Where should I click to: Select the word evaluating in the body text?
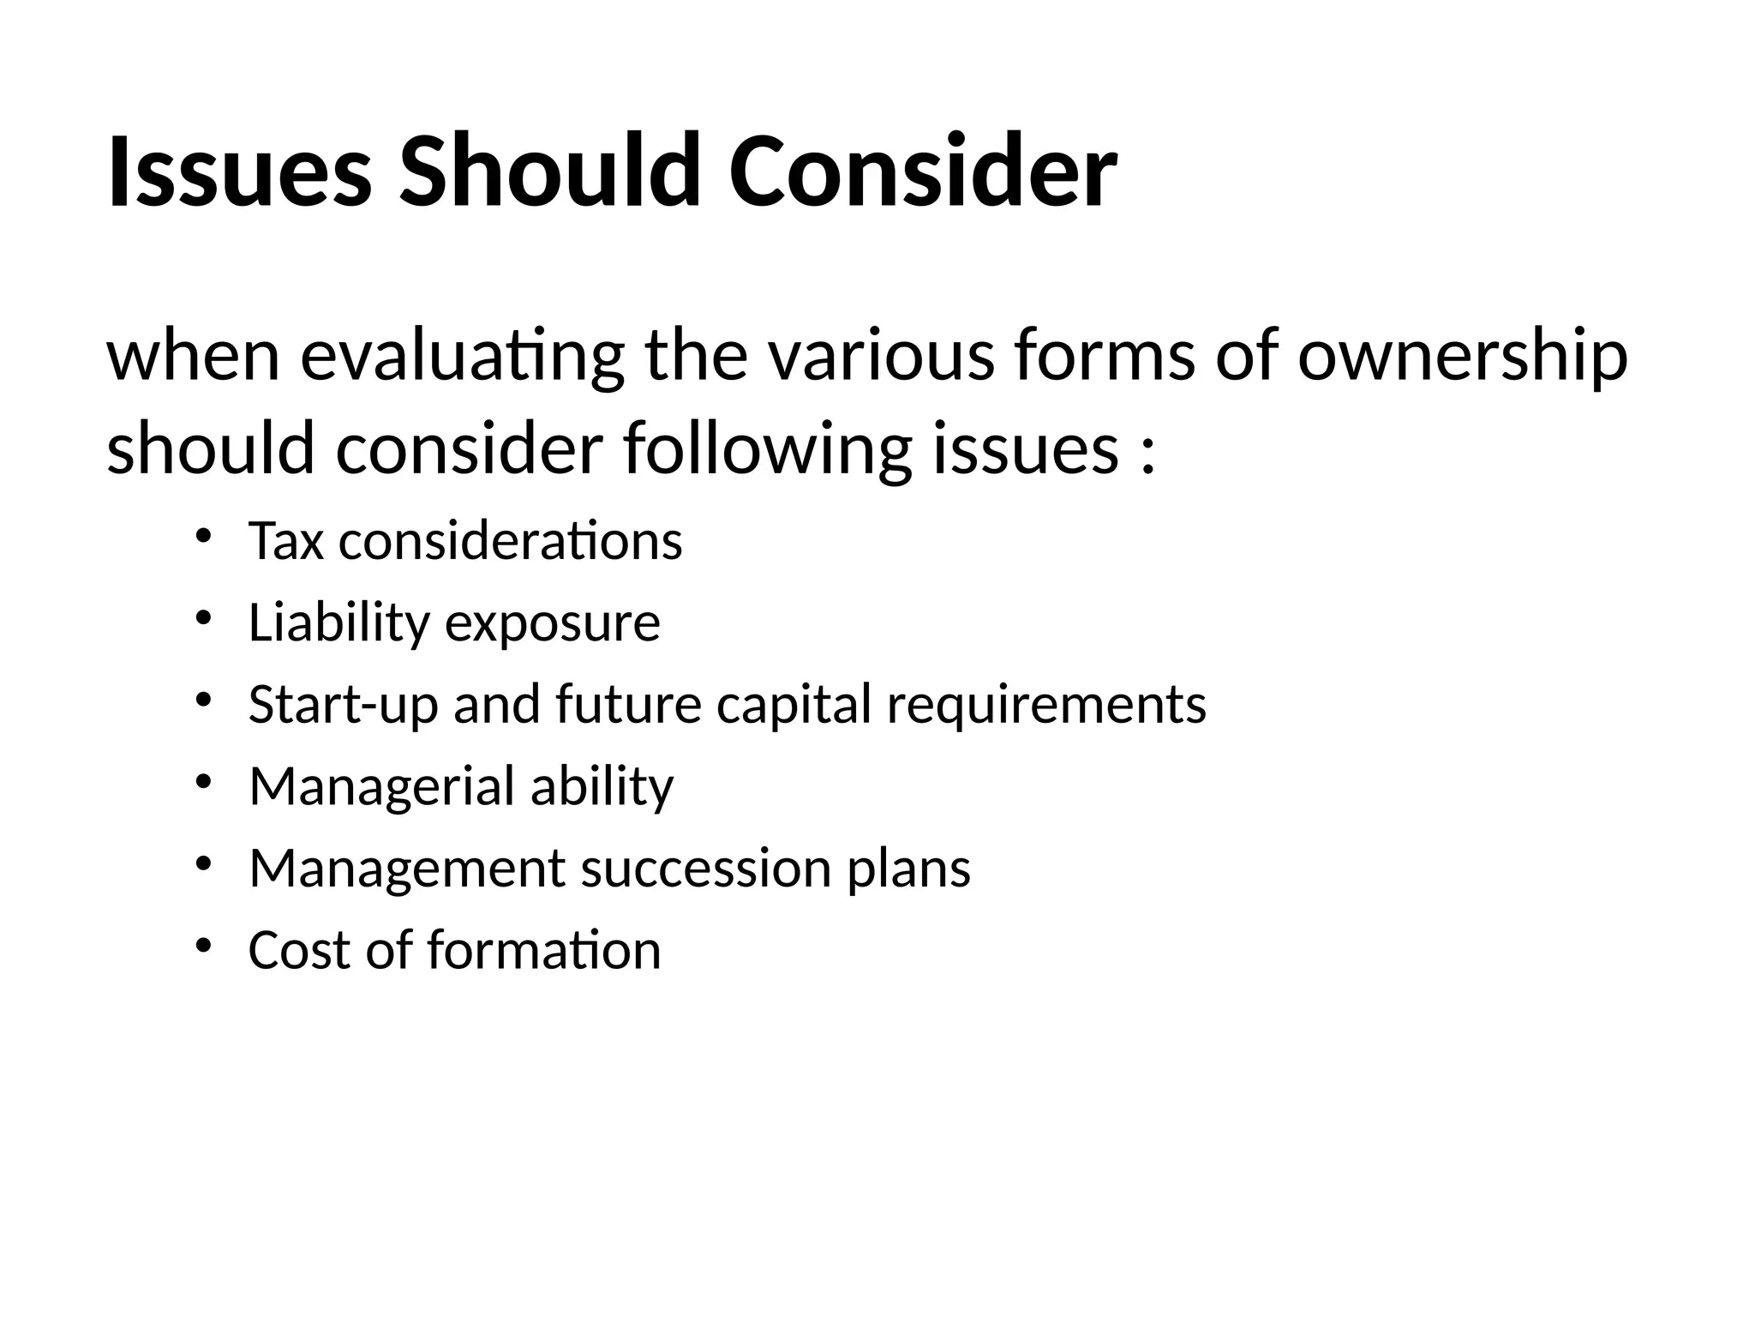point(462,356)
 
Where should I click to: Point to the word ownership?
point(1463,356)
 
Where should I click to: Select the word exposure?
point(553,623)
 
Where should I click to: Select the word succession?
point(706,868)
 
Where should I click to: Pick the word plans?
point(909,869)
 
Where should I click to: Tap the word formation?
point(544,950)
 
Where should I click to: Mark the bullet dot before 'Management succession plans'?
point(203,864)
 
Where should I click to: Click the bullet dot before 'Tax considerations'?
point(203,537)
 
